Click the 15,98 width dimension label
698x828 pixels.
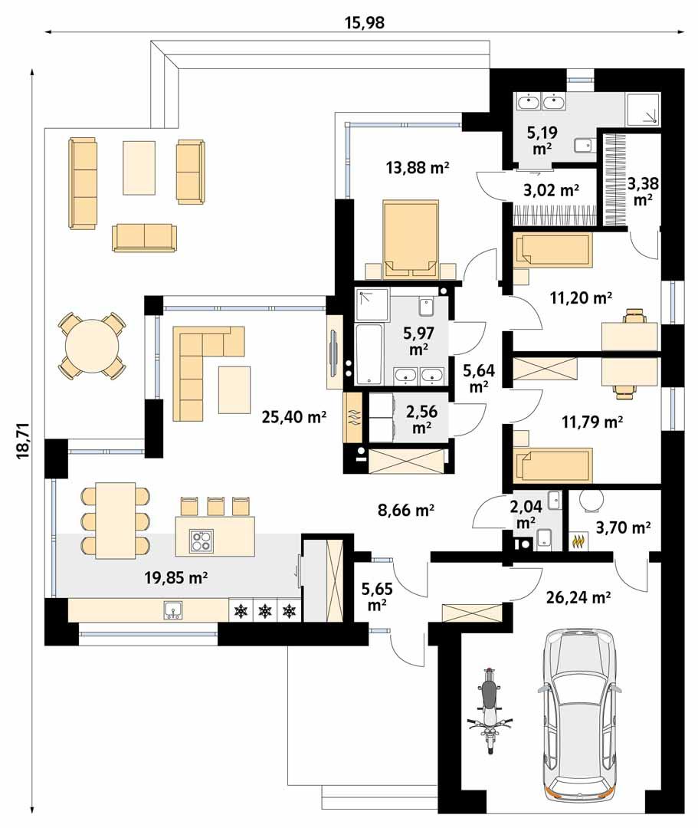point(365,23)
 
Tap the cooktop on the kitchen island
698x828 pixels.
point(201,541)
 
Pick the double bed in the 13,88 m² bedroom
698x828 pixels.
point(411,238)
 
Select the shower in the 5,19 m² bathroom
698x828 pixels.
point(641,110)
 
